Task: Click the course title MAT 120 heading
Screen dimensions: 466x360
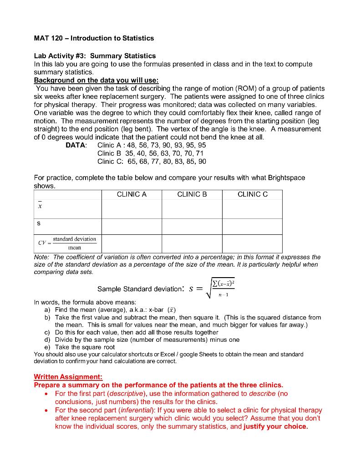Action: (94, 38)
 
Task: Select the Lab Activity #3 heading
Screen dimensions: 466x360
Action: (95, 56)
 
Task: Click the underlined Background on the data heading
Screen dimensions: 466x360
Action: (96, 80)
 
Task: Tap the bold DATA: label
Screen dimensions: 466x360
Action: (76, 145)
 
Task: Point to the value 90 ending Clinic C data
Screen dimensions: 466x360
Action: (202, 162)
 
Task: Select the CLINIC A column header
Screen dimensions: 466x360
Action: (132, 194)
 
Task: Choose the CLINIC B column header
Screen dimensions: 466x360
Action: (192, 194)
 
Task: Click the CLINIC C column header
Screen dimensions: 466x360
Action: (253, 194)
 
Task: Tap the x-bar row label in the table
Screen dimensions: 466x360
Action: (40, 206)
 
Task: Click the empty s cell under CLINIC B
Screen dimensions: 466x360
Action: (192, 226)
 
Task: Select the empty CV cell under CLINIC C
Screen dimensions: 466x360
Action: (253, 243)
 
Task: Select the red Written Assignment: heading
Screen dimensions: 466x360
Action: (68, 377)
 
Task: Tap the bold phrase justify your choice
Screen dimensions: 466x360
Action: (276, 426)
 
